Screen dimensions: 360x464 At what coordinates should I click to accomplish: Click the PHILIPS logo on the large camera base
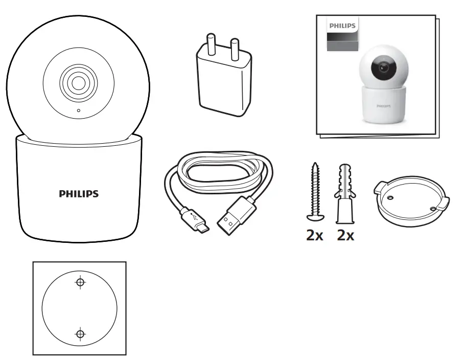[79, 194]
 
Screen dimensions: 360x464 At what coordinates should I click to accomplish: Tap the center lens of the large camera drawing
[78, 82]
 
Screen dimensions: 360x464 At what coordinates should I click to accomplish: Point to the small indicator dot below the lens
[78, 110]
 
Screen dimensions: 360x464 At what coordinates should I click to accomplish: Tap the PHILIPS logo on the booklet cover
[342, 25]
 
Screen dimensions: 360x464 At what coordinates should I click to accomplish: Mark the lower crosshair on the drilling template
[80, 334]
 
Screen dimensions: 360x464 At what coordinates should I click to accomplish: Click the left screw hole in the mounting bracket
[390, 198]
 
